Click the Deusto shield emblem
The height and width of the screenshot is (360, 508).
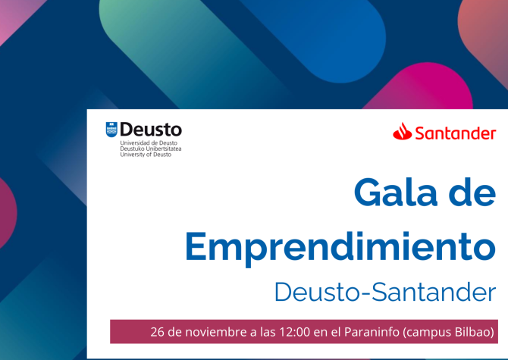pyautogui.click(x=111, y=130)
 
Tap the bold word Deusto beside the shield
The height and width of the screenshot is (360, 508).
pyautogui.click(x=151, y=130)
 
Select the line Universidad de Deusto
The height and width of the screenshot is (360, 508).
pyautogui.click(x=149, y=142)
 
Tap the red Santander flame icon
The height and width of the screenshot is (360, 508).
pyautogui.click(x=402, y=133)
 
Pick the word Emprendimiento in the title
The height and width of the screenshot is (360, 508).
pyautogui.click(x=340, y=245)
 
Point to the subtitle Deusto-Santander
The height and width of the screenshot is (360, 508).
pyautogui.click(x=385, y=291)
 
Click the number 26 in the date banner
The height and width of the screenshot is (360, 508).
pyautogui.click(x=158, y=332)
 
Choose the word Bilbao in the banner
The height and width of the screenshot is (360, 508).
pyautogui.click(x=479, y=332)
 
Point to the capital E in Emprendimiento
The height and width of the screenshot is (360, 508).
pyautogui.click(x=198, y=245)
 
